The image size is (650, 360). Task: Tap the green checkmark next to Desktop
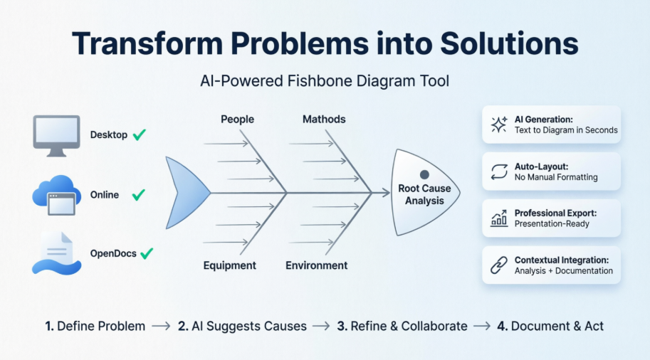click(140, 134)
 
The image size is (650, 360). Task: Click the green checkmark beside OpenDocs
click(147, 253)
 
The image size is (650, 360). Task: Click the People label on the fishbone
click(237, 119)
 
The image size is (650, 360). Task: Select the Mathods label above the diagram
click(324, 119)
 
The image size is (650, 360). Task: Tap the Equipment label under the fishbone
click(229, 265)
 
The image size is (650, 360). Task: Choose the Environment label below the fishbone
click(317, 265)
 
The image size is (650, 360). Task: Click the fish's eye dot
click(424, 174)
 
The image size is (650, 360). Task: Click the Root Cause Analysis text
click(424, 195)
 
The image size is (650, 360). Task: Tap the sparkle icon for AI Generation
click(498, 125)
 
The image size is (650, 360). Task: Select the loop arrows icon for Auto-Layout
click(498, 171)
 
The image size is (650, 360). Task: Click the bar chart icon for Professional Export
click(498, 218)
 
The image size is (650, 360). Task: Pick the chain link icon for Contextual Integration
click(498, 265)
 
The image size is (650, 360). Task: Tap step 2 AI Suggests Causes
click(242, 326)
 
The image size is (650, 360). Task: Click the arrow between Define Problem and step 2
click(161, 326)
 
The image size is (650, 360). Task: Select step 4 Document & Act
click(550, 326)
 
